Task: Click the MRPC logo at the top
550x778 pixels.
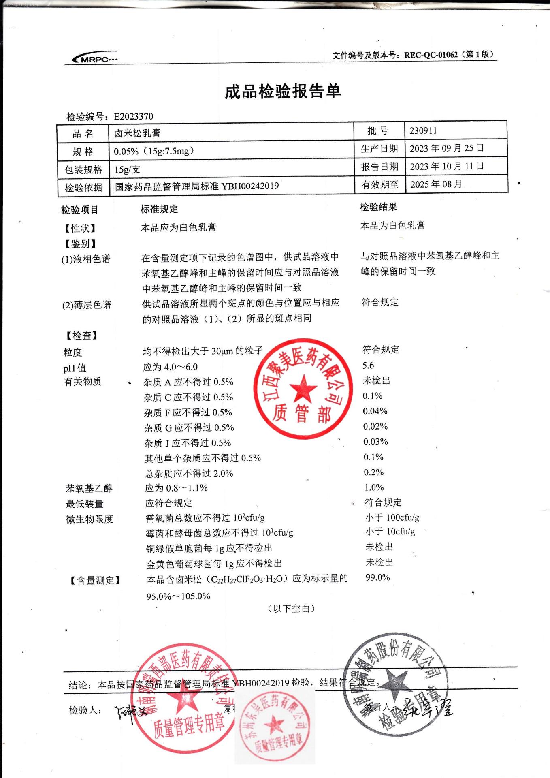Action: [x=95, y=59]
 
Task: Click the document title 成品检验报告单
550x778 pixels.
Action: [x=283, y=92]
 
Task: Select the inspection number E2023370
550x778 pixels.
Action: [x=133, y=117]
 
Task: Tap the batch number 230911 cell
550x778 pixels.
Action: [x=423, y=130]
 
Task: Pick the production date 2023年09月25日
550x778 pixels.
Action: [x=446, y=148]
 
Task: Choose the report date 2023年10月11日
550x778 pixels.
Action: [x=446, y=166]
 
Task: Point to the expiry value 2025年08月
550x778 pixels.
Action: [x=436, y=184]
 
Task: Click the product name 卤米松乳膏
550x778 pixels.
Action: [x=137, y=133]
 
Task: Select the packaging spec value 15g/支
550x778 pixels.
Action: [x=127, y=169]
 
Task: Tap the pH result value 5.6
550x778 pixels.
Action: [x=368, y=365]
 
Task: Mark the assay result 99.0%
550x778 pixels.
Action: [x=377, y=577]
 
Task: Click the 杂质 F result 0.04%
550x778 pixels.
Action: [x=375, y=411]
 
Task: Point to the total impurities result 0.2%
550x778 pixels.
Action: [x=373, y=472]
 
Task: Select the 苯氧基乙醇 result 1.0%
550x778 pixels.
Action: [x=374, y=487]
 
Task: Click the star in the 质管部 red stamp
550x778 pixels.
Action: [x=303, y=389]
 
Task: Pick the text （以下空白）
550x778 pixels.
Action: [x=291, y=608]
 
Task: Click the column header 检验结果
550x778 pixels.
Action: [x=378, y=207]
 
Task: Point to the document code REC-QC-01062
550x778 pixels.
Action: [x=431, y=55]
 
